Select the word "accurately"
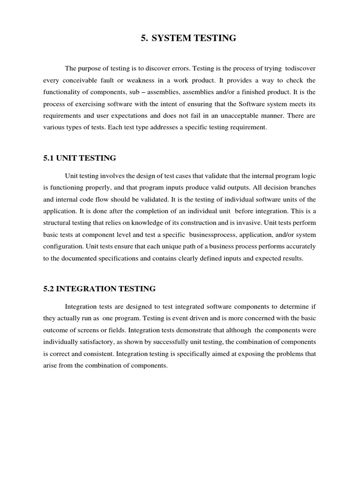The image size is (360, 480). pos(300,246)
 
